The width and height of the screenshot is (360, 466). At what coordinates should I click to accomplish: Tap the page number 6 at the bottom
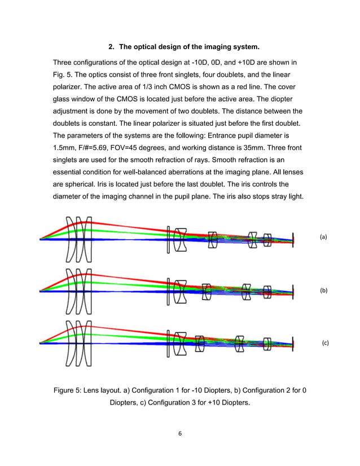(x=179, y=433)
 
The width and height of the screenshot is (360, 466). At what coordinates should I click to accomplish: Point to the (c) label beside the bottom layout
(x=325, y=342)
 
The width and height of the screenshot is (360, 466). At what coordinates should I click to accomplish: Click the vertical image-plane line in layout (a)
(x=294, y=239)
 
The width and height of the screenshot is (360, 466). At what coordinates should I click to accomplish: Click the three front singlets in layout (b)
(x=77, y=291)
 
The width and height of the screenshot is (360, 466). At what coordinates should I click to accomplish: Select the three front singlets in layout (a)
(x=77, y=239)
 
